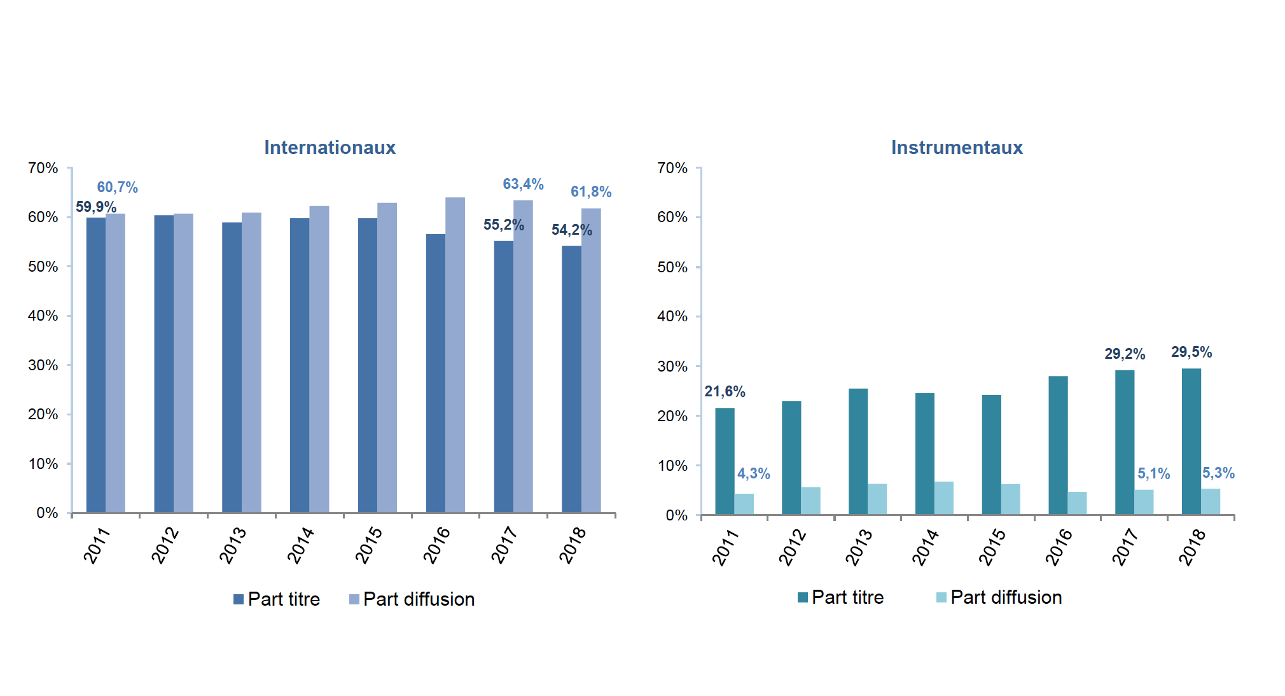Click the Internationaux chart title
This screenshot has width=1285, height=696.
coord(330,148)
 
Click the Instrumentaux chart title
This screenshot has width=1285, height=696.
coord(957,148)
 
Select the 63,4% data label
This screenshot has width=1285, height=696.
coord(523,184)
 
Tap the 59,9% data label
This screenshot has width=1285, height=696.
coord(96,207)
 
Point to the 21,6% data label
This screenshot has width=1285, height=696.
coord(725,391)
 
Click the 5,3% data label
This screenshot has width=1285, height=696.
coord(1218,473)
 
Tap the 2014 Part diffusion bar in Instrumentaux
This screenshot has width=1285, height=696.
coord(944,498)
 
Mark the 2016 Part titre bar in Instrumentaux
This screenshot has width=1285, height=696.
coord(1058,445)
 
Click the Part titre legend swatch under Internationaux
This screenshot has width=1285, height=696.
coord(239,599)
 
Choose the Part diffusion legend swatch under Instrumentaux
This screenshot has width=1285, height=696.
coord(941,597)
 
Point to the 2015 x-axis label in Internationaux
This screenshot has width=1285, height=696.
coord(368,545)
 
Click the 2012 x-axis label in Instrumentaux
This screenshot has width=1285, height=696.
coord(792,547)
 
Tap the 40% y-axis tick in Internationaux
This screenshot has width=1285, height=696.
coord(43,316)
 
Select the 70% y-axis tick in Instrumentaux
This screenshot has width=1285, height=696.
coord(672,168)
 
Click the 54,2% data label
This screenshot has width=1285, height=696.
coord(571,230)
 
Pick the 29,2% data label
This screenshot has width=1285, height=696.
coord(1124,354)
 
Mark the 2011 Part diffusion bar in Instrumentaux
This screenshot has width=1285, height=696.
coord(744,503)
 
